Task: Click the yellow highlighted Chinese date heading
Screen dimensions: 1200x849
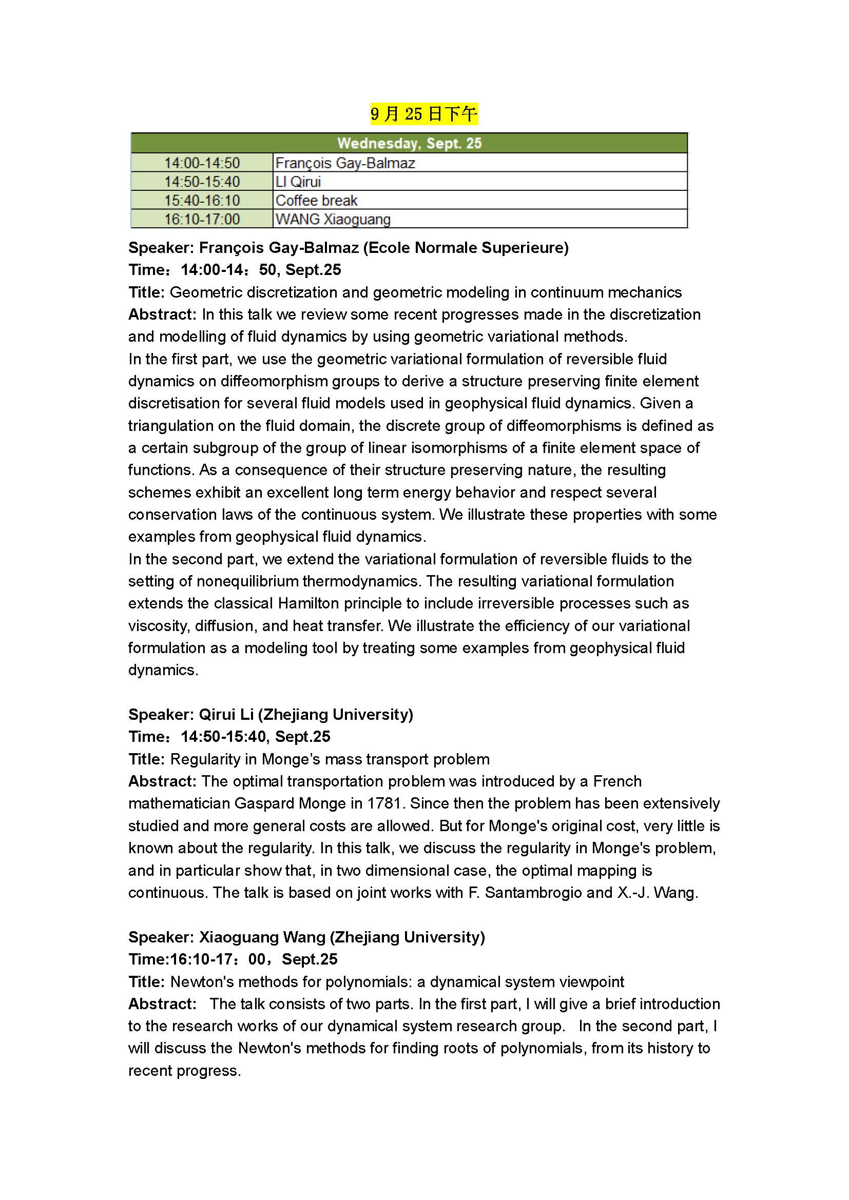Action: [x=424, y=114]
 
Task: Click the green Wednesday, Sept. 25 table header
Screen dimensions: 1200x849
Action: [x=409, y=143]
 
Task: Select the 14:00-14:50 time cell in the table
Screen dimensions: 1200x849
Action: [x=202, y=163]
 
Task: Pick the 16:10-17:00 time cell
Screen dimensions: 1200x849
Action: [x=202, y=219]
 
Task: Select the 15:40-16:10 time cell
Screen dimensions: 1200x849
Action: [x=202, y=201]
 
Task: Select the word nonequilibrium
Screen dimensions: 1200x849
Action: [x=247, y=581]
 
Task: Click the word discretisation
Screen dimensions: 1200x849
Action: [x=175, y=403]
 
